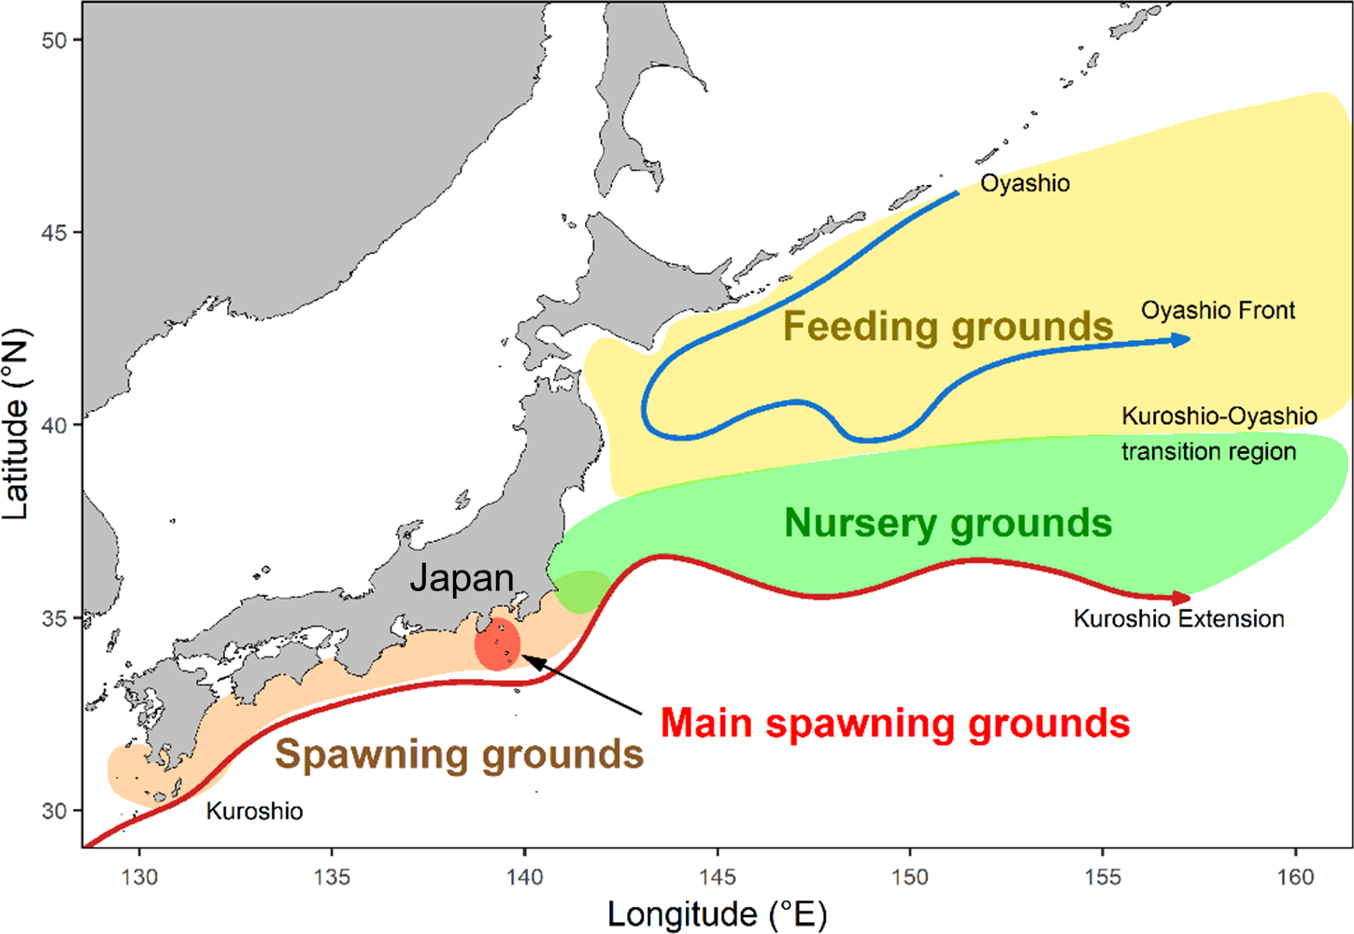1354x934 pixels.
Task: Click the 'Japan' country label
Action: click(x=462, y=579)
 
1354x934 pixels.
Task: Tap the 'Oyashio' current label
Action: click(x=1025, y=183)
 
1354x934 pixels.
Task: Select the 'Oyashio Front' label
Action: click(x=1218, y=310)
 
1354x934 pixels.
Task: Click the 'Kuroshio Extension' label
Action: click(x=1178, y=618)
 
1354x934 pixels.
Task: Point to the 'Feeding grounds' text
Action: click(x=948, y=327)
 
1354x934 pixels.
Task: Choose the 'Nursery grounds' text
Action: click(x=948, y=523)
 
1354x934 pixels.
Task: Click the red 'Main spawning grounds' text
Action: click(x=895, y=724)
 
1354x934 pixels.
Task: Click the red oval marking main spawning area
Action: click(x=496, y=644)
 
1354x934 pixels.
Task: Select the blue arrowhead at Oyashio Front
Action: click(x=1181, y=340)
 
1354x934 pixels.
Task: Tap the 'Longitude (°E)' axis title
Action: click(x=717, y=914)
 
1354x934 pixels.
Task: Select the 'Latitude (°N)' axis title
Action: click(x=17, y=425)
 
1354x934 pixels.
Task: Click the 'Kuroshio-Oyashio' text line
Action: click(x=1219, y=416)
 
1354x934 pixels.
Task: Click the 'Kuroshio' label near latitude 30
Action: click(x=254, y=811)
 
